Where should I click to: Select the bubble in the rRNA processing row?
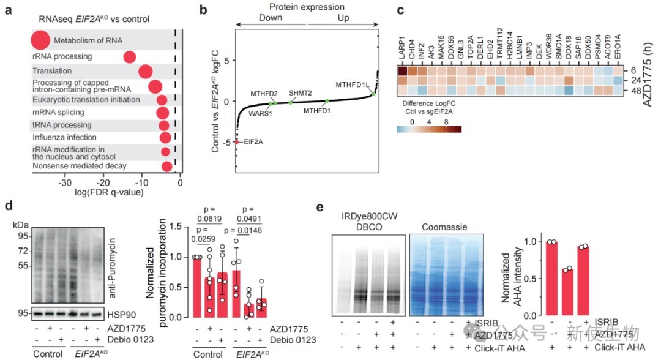point(129,57)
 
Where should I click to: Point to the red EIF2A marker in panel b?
point(237,142)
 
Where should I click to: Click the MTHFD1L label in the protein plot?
point(352,84)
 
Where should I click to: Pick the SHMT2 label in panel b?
point(301,92)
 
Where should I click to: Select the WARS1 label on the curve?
point(260,113)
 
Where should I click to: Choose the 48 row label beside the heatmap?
point(637,91)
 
